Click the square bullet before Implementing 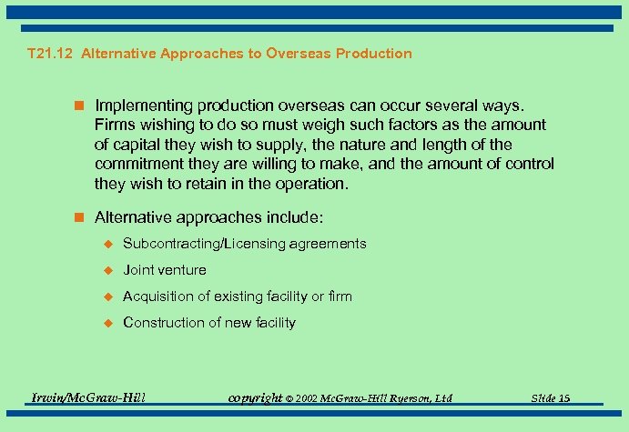pyautogui.click(x=82, y=105)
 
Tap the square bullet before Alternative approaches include pyautogui.click(x=82, y=218)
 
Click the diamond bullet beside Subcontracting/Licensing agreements pyautogui.click(x=107, y=244)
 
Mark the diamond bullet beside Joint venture pyautogui.click(x=107, y=270)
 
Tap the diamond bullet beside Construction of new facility pyautogui.click(x=107, y=323)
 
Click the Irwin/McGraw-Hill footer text pyautogui.click(x=88, y=397)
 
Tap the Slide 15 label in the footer pyautogui.click(x=552, y=398)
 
